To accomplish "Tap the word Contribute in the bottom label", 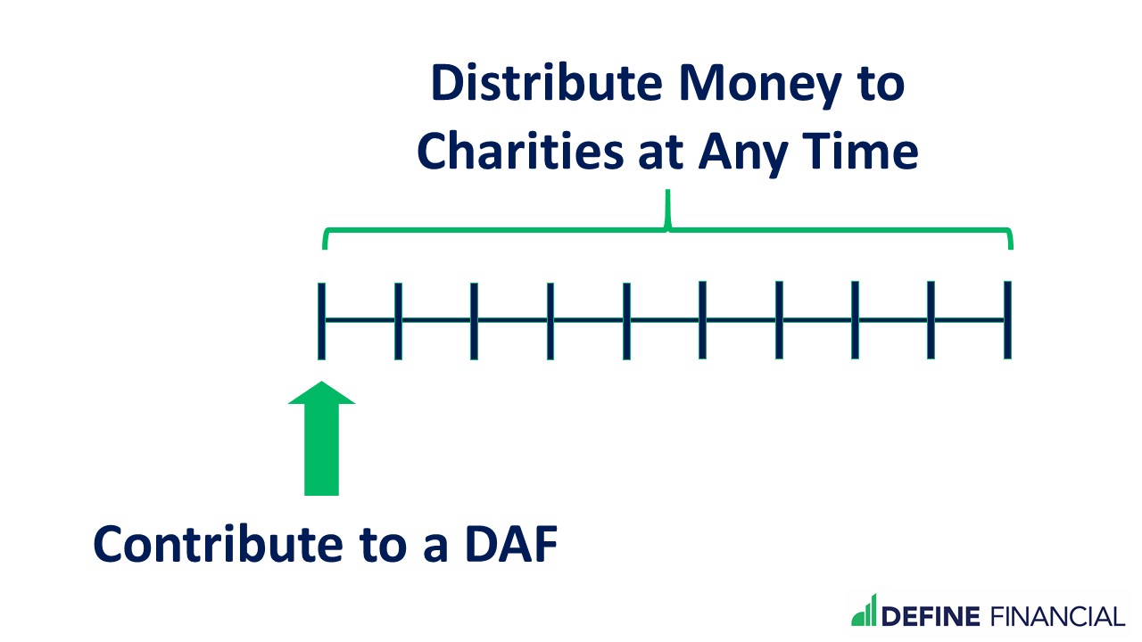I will click(x=218, y=543).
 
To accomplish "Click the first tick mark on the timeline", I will click(x=321, y=320).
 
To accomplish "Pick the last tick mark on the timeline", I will click(x=1007, y=320).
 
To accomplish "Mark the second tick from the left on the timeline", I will click(x=398, y=320).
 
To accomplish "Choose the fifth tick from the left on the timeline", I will click(x=626, y=320).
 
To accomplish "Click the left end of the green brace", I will click(x=325, y=239).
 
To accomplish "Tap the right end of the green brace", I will click(x=1010, y=239).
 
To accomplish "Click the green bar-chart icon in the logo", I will click(x=865, y=611).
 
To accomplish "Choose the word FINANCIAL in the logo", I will click(x=1055, y=616).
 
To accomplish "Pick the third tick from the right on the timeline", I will click(x=855, y=320).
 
